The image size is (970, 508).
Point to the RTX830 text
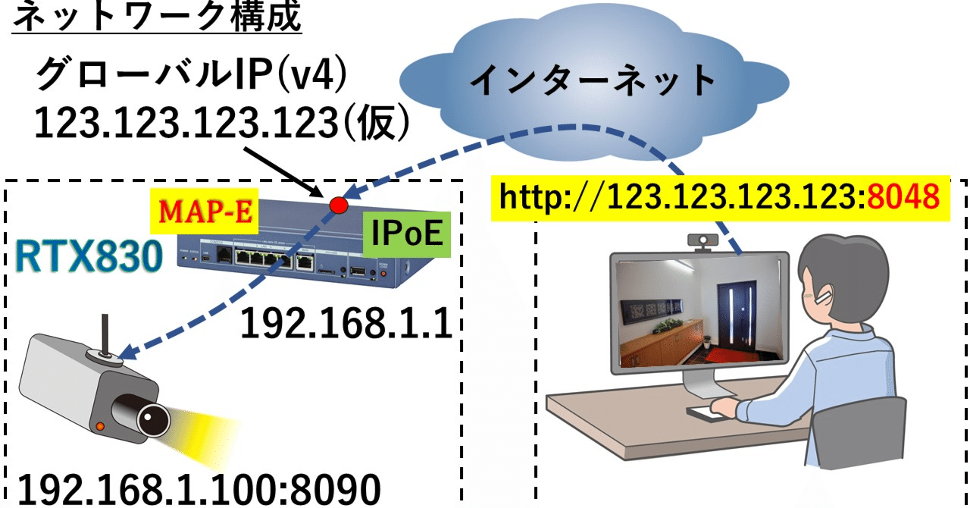tap(90, 259)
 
